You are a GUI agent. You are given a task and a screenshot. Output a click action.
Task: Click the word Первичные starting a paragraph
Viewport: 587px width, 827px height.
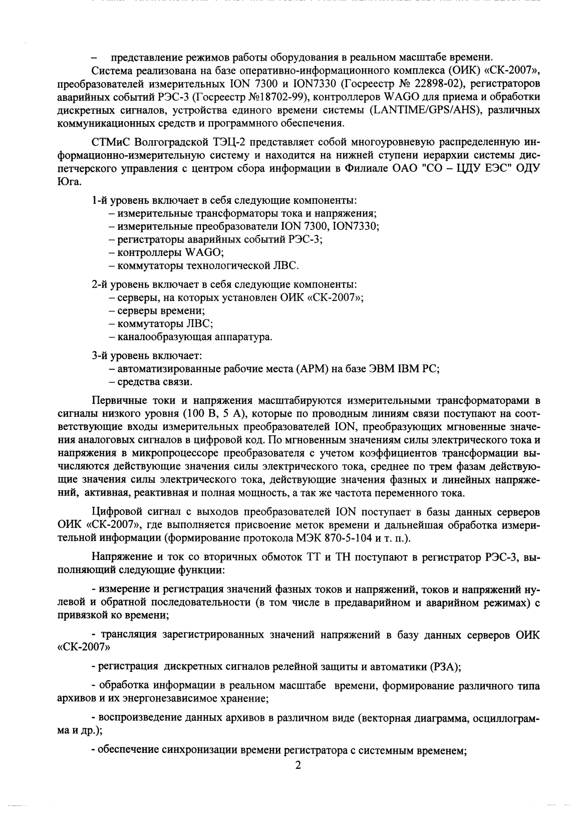pyautogui.click(x=116, y=401)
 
